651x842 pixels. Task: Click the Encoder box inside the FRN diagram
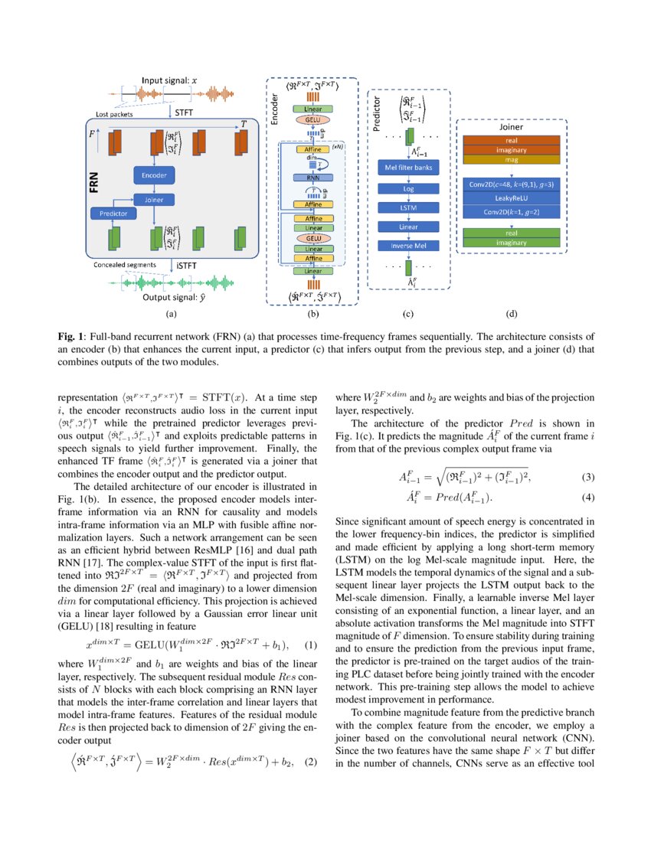pyautogui.click(x=153, y=175)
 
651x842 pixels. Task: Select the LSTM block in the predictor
pyautogui.click(x=407, y=207)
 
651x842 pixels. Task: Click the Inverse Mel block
pyautogui.click(x=407, y=245)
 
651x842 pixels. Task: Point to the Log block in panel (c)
pyautogui.click(x=407, y=188)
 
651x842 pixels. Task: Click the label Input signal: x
pyautogui.click(x=169, y=80)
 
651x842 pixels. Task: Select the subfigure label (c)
pyautogui.click(x=407, y=313)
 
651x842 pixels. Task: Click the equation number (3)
pyautogui.click(x=588, y=478)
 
